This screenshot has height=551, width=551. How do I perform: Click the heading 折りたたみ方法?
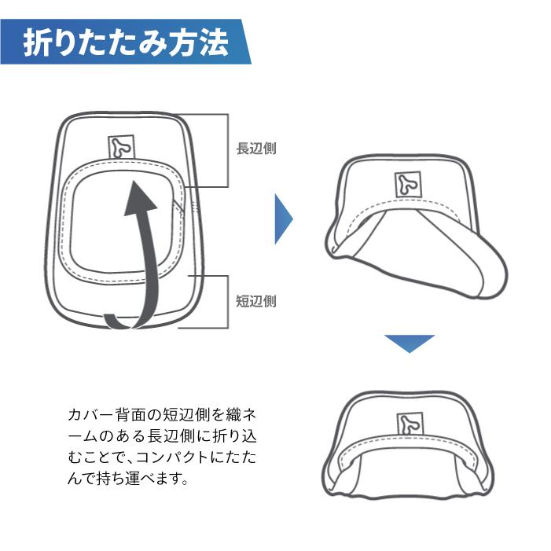pos(126,42)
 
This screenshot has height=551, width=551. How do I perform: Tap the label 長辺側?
pos(256,148)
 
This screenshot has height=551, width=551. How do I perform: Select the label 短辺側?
pos(256,301)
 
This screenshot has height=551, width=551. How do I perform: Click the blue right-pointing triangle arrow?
pos(283,219)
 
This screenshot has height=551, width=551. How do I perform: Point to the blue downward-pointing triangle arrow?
pos(410,343)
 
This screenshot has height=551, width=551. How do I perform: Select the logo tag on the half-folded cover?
pos(408,184)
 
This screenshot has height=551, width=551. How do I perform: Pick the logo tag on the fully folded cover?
pos(410,424)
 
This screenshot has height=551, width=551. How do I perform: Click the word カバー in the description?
pos(90,415)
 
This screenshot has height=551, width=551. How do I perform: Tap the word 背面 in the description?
pos(130,415)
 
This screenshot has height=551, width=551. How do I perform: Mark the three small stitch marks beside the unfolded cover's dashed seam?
pos(196,207)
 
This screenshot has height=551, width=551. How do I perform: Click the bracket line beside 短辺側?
pos(228,302)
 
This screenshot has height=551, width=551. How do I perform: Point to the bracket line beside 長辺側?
pos(228,150)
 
